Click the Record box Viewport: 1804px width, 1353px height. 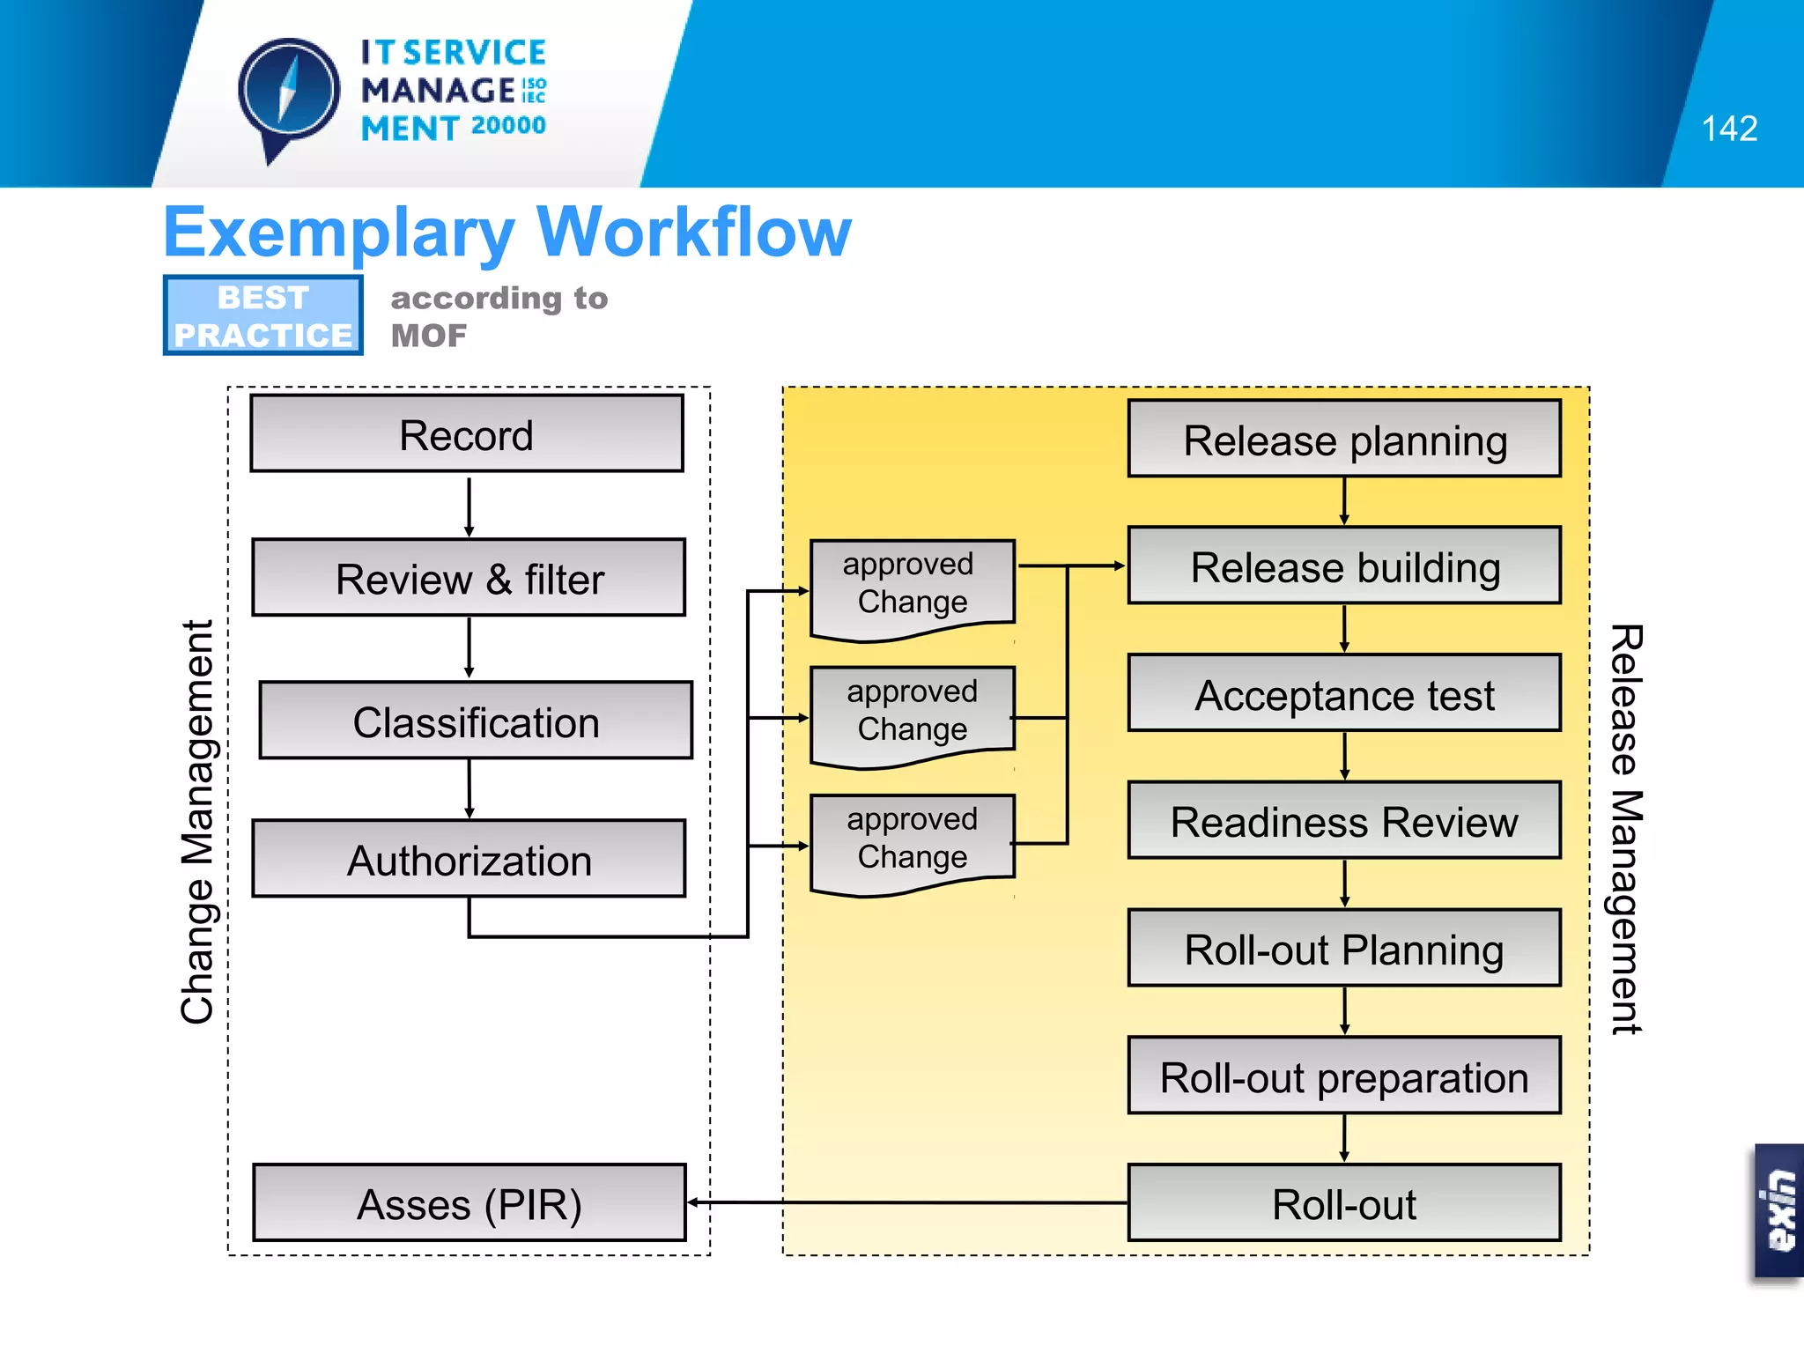(466, 434)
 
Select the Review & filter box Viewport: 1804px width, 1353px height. (469, 578)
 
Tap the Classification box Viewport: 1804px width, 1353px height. (476, 721)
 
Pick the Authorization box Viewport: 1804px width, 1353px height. (469, 859)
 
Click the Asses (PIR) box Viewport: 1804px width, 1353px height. (469, 1203)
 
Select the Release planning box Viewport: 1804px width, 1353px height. (1344, 439)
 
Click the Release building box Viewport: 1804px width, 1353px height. (1344, 566)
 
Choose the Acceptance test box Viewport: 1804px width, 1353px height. (1344, 693)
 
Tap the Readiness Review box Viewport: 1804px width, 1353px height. (1344, 820)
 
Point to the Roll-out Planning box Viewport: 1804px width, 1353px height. (1344, 948)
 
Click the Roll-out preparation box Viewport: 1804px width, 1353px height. (1344, 1076)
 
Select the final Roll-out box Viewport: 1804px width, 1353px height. (1344, 1203)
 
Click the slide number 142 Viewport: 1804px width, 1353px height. (1729, 129)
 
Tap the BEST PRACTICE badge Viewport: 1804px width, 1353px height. (262, 315)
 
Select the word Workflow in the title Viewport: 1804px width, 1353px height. (694, 233)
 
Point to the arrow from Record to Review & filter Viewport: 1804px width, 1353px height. (469, 506)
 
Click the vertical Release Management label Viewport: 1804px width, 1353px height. (1626, 828)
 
